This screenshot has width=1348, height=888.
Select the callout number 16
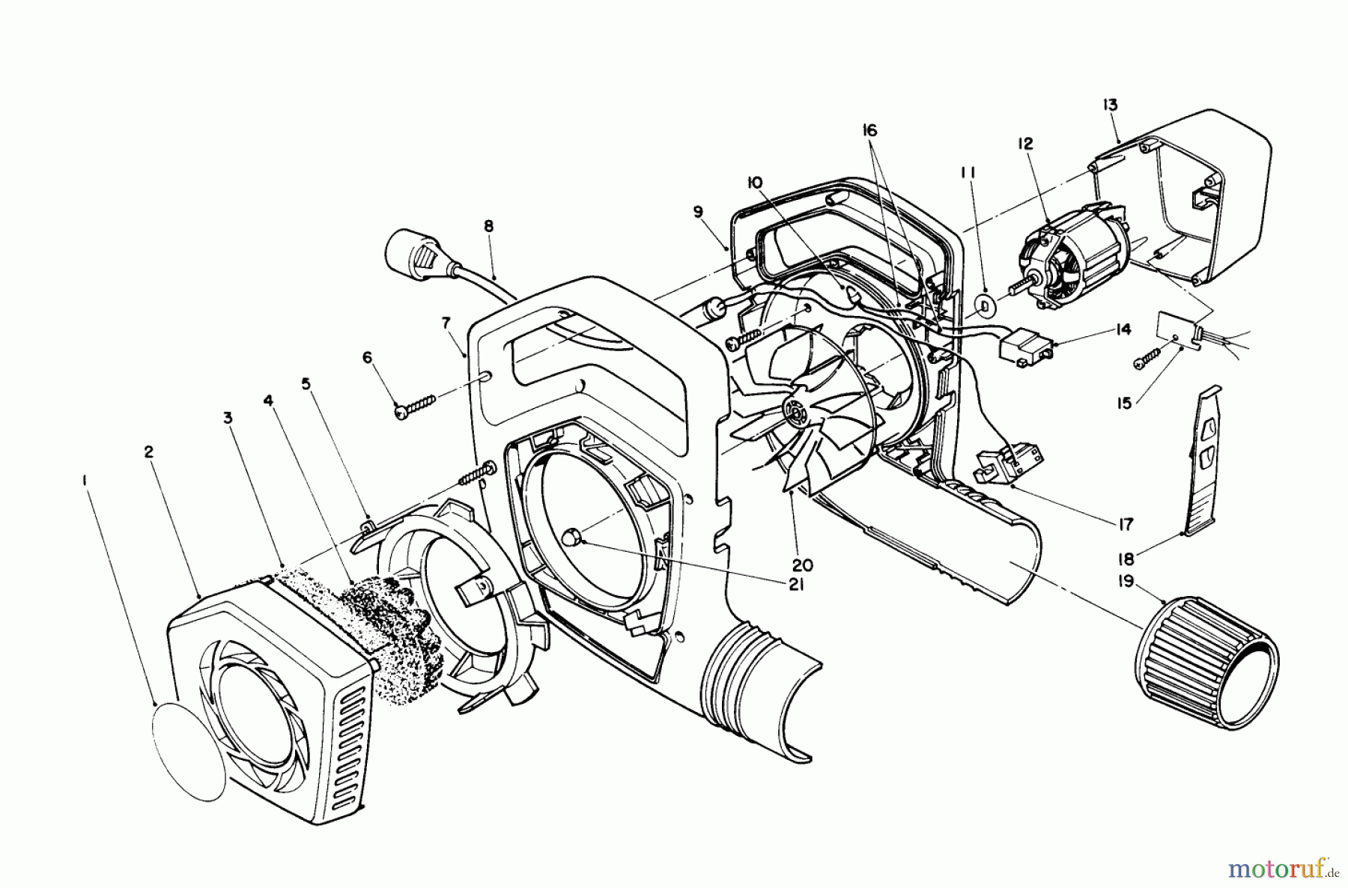pyautogui.click(x=869, y=131)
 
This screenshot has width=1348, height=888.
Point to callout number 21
pyautogui.click(x=795, y=584)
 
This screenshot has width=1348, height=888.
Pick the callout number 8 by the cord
pyautogui.click(x=488, y=225)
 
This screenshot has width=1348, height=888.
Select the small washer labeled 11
pyautogui.click(x=984, y=305)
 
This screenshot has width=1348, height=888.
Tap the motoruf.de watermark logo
pyautogui.click(x=1281, y=869)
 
